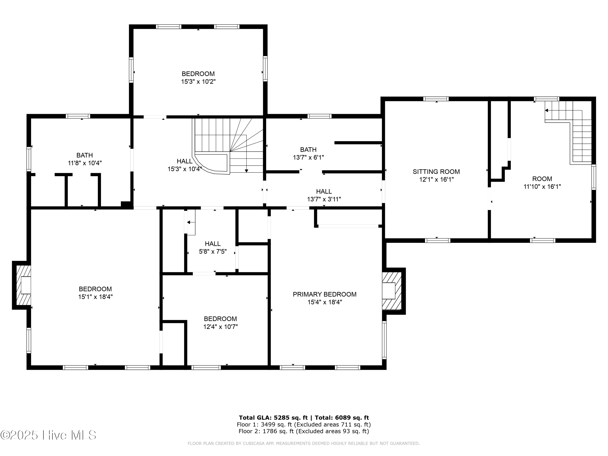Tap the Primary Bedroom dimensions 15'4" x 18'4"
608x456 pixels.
325,302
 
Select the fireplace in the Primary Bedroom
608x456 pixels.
391,291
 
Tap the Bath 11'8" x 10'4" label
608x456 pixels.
85,159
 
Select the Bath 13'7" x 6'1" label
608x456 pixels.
308,153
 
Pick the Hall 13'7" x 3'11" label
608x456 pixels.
324,195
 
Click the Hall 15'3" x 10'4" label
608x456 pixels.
185,165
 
